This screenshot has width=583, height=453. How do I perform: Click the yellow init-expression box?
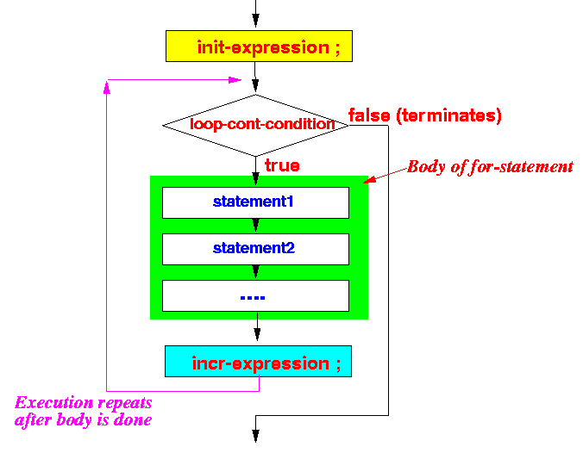pyautogui.click(x=259, y=46)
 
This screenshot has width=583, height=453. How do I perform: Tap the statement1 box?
pyautogui.click(x=255, y=202)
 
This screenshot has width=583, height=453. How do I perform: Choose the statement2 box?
pyautogui.click(x=255, y=249)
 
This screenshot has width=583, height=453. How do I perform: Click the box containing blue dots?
pyautogui.click(x=255, y=295)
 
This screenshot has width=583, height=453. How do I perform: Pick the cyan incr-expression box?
pyautogui.click(x=258, y=362)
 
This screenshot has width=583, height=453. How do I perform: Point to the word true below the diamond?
pyautogui.click(x=282, y=165)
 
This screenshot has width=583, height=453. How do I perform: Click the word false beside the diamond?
pyautogui.click(x=369, y=115)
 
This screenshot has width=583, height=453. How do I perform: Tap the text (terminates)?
pyautogui.click(x=448, y=116)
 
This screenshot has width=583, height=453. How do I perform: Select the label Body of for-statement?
pyautogui.click(x=490, y=167)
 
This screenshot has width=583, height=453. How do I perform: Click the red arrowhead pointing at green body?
pyautogui.click(x=370, y=179)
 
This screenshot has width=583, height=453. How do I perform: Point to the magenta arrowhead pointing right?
pyautogui.click(x=235, y=80)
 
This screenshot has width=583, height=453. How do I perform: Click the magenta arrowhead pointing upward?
pyautogui.click(x=107, y=88)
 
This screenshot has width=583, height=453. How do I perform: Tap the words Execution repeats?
pyautogui.click(x=84, y=403)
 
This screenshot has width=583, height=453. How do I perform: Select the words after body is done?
pyautogui.click(x=83, y=420)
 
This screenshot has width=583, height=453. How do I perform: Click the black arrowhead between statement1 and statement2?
pyautogui.click(x=255, y=226)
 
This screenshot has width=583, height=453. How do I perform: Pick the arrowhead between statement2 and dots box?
pyautogui.click(x=255, y=272)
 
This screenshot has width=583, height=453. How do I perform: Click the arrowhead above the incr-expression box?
pyautogui.click(x=257, y=334)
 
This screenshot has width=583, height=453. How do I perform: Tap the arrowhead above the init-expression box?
pyautogui.click(x=255, y=21)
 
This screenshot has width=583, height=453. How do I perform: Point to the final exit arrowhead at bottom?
pyautogui.click(x=255, y=436)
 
